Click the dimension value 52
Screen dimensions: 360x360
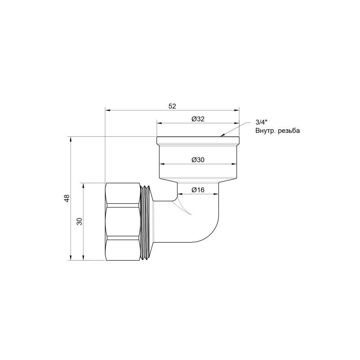tap(172, 106)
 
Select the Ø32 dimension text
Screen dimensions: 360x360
tap(198, 119)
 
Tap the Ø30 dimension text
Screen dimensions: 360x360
tap(198, 160)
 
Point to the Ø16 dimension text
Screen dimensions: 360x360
tap(198, 190)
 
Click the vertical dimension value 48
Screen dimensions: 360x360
tap(67, 198)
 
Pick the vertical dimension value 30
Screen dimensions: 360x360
tap(80, 221)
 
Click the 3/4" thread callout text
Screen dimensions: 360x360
tap(261, 122)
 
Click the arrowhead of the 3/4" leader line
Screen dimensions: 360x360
tap(222, 135)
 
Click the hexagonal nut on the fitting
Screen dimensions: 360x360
tap(122, 221)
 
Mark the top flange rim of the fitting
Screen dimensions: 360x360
tap(198, 140)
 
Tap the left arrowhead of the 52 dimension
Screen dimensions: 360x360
tap(107, 109)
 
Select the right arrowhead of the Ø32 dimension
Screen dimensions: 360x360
tap(236, 122)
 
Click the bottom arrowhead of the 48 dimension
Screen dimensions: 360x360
tap(71, 258)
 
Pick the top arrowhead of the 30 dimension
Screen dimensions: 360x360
tap(83, 185)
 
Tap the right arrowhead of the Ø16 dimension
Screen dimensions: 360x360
tap(217, 193)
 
